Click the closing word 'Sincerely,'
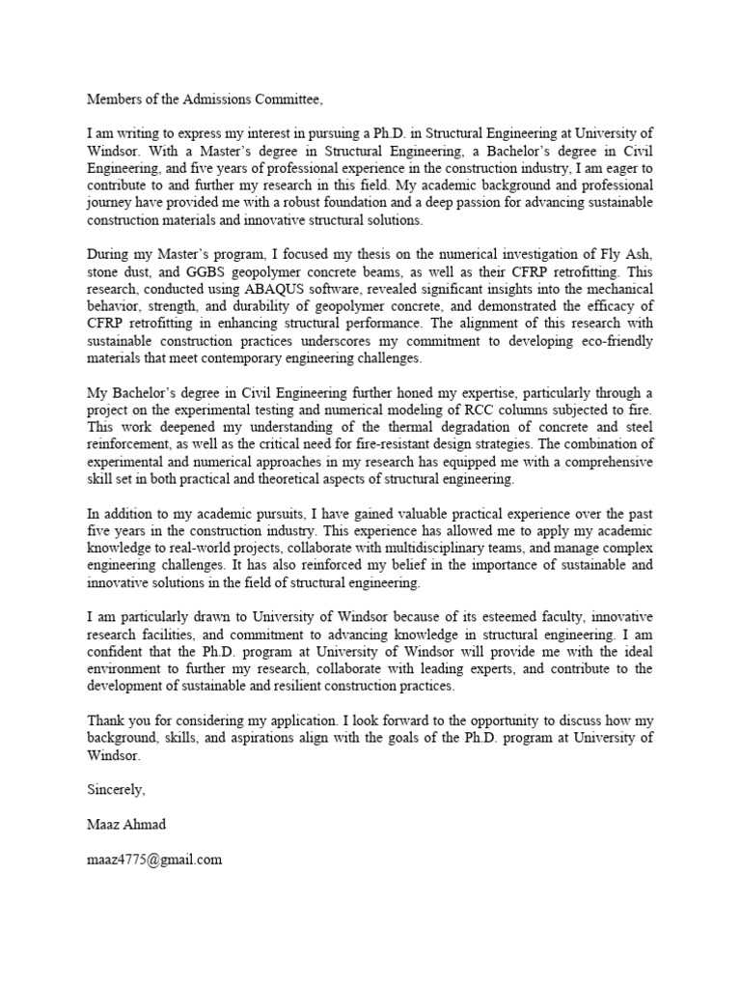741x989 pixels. pyautogui.click(x=116, y=789)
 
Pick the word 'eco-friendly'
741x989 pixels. pyautogui.click(x=615, y=342)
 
